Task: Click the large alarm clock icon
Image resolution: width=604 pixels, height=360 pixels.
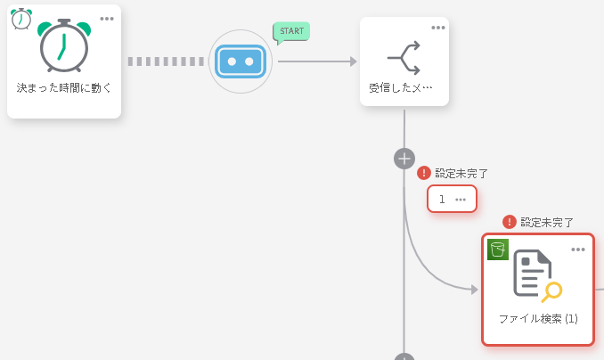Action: [x=64, y=47]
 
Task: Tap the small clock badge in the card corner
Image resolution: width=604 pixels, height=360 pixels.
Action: [x=21, y=19]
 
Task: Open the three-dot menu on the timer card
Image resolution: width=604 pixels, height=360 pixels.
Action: [x=107, y=19]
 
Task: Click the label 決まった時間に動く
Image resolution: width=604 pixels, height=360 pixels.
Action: [x=64, y=88]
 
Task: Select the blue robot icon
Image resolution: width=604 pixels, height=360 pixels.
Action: [x=240, y=61]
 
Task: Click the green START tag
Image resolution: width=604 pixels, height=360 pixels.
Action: [x=291, y=31]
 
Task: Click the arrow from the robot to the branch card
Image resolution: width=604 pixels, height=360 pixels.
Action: [x=316, y=61]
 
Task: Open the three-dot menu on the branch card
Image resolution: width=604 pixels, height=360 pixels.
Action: [x=438, y=28]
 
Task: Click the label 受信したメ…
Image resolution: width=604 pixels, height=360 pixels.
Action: [x=401, y=88]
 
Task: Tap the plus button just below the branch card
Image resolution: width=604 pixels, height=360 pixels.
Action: [x=404, y=159]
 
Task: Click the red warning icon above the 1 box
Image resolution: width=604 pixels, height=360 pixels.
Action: [x=424, y=173]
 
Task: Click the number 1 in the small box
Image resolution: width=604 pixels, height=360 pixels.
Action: [x=442, y=199]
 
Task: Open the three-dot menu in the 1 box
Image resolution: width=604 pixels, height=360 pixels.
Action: [x=461, y=199]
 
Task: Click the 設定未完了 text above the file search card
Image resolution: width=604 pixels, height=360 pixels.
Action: [x=547, y=222]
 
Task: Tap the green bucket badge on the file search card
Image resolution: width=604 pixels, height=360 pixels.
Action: [x=498, y=250]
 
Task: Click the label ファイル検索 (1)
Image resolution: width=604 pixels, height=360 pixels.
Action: [x=538, y=318]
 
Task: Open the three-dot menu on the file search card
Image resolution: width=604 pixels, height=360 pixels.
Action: [x=578, y=249]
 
